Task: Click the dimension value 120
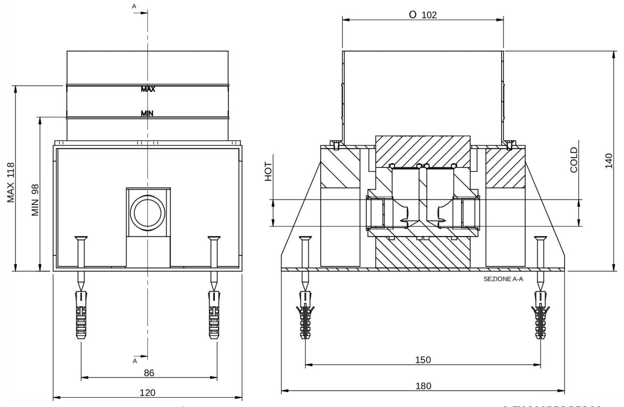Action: [x=147, y=393]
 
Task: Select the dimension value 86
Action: [x=149, y=373]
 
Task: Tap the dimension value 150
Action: [x=423, y=360]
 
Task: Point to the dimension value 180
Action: [x=423, y=386]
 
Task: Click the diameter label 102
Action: [x=423, y=15]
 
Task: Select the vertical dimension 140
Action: [x=608, y=161]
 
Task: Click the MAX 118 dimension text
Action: [x=11, y=182]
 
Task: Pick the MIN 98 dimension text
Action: [x=36, y=200]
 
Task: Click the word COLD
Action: [x=574, y=160]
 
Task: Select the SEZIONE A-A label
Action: [x=503, y=279]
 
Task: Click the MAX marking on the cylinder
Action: [x=148, y=89]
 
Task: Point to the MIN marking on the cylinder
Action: [x=147, y=113]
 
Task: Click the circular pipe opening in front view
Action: [x=147, y=213]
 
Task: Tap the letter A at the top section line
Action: [x=134, y=6]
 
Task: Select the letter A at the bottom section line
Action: [x=135, y=361]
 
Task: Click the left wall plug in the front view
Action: [x=81, y=315]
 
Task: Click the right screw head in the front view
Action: [x=214, y=239]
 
